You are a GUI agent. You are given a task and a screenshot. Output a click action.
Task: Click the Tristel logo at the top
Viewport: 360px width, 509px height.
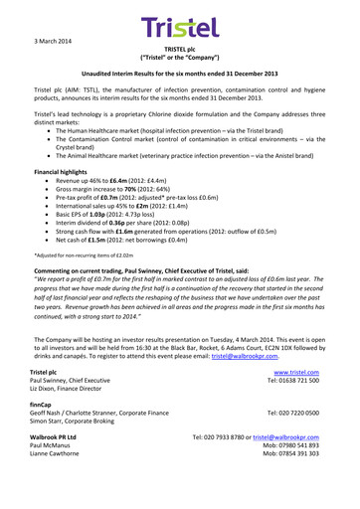179,28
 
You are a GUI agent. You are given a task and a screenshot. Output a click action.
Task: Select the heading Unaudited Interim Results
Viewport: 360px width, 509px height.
180,75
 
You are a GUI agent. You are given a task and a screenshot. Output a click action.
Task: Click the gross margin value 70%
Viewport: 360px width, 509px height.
150,195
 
